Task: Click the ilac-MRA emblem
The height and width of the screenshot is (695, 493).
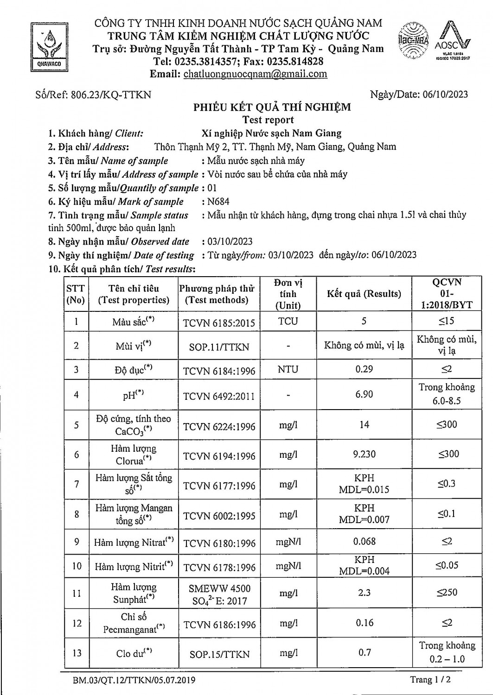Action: click(x=414, y=40)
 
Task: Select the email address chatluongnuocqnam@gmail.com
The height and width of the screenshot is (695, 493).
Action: click(x=255, y=74)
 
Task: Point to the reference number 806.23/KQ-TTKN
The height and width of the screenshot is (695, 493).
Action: click(x=110, y=95)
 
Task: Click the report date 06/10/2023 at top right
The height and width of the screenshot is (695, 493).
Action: click(x=445, y=95)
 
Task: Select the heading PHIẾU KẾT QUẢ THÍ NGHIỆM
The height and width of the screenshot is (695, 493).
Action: click(x=272, y=107)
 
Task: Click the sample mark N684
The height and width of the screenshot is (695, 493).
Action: click(x=218, y=202)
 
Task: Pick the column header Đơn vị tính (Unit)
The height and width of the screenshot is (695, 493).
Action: click(x=288, y=294)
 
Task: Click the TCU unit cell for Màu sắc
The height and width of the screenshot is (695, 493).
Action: click(x=288, y=322)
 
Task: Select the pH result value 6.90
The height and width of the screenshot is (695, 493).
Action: click(x=364, y=394)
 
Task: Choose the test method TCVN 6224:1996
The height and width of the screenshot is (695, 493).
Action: click(x=219, y=427)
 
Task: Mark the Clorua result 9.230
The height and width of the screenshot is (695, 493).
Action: click(x=364, y=455)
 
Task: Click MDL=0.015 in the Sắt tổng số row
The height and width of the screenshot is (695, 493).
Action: click(x=364, y=490)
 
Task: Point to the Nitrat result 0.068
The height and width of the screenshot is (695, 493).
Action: click(x=364, y=541)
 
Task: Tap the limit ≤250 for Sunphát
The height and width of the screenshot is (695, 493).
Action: click(x=447, y=593)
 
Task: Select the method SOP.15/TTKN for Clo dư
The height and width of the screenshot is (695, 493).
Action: click(x=219, y=654)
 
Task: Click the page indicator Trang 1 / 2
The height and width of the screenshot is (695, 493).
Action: click(x=430, y=680)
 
